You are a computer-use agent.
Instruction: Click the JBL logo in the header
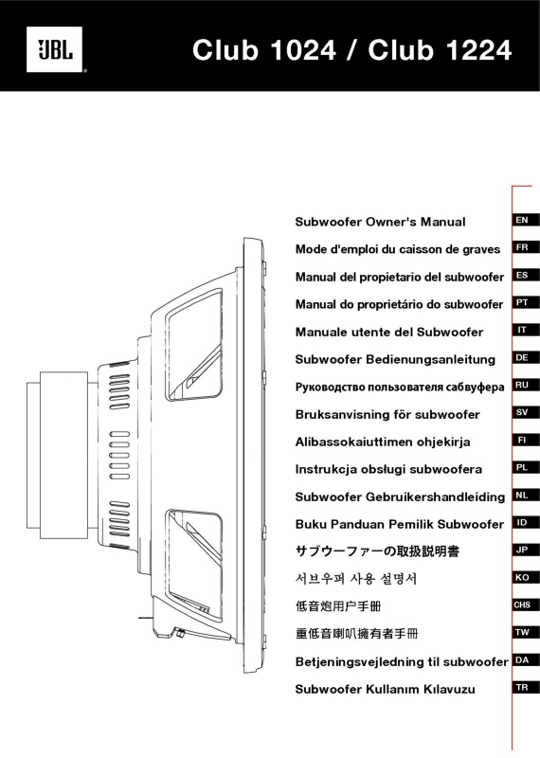[x=55, y=50]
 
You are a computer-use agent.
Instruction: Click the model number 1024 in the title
[x=303, y=50]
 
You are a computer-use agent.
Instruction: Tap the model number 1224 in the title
[x=478, y=50]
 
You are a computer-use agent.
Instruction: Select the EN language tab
[x=522, y=220]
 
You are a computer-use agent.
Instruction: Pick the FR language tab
[x=522, y=247]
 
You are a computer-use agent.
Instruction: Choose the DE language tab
[x=522, y=358]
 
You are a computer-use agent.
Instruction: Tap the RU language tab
[x=522, y=385]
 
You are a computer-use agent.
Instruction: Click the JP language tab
[x=522, y=550]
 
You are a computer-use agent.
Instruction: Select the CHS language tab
[x=522, y=605]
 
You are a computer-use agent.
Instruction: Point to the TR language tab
[x=522, y=688]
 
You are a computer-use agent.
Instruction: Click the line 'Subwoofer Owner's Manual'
[x=380, y=222]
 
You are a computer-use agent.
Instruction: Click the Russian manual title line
[x=400, y=388]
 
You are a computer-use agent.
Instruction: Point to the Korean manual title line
[x=356, y=579]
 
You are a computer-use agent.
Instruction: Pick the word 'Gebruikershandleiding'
[x=436, y=496]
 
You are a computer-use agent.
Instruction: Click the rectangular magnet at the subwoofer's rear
[x=63, y=455]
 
